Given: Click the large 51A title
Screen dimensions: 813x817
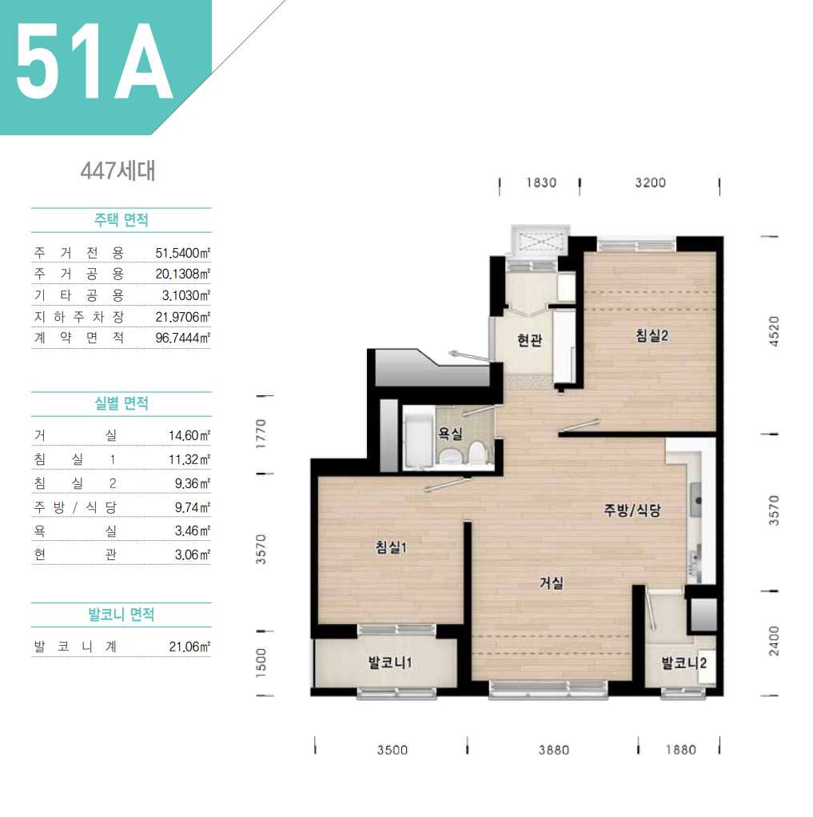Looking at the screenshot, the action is (x=94, y=61).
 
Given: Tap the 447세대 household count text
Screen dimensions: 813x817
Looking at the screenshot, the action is (x=118, y=170).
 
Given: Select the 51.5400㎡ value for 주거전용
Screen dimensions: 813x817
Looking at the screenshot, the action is (x=183, y=253).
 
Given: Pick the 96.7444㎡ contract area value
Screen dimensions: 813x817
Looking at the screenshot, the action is (x=183, y=338).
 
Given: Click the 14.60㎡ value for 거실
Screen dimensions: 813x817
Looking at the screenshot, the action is (x=189, y=435).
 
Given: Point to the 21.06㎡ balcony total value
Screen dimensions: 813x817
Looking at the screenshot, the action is (x=189, y=647).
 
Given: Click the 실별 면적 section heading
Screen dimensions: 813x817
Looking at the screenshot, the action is (x=122, y=403).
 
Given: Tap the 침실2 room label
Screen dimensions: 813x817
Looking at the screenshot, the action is (x=652, y=335).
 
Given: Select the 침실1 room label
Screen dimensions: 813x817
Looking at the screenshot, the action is (x=391, y=547).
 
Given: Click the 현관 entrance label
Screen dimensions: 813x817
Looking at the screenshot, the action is (x=530, y=340).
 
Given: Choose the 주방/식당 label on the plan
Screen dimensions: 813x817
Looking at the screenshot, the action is (x=632, y=510).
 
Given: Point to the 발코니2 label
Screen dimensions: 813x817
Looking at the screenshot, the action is (x=684, y=663).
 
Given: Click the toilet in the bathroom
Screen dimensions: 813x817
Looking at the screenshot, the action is (x=476, y=453).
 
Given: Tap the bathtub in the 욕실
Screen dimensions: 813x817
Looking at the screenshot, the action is (x=418, y=440).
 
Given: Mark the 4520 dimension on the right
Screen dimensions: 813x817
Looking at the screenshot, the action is (x=775, y=330).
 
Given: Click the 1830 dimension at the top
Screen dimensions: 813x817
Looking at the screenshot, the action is (x=541, y=183).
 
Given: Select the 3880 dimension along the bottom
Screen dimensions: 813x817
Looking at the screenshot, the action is (x=554, y=750).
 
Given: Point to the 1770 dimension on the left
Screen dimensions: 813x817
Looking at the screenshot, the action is (x=261, y=434).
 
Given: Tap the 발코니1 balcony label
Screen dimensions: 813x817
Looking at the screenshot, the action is (x=390, y=663).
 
